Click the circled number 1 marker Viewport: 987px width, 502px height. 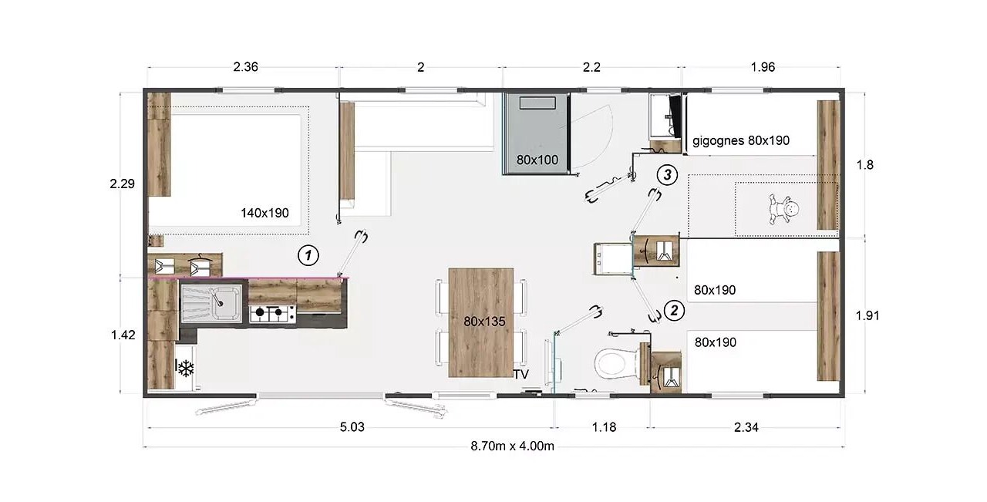click(x=308, y=255)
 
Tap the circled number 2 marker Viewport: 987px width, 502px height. click(x=674, y=311)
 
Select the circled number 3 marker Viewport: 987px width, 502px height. click(x=667, y=175)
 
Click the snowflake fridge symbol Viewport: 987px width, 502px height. click(x=185, y=368)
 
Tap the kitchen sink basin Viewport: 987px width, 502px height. click(x=227, y=303)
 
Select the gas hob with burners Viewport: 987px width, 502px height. click(x=272, y=313)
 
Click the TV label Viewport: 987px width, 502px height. click(x=520, y=375)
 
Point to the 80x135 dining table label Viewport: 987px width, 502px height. click(x=484, y=322)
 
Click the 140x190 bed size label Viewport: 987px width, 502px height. click(x=264, y=214)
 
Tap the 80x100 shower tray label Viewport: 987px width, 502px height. click(x=537, y=160)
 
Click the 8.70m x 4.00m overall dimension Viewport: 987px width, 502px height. click(x=512, y=446)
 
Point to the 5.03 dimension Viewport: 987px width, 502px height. click(x=352, y=427)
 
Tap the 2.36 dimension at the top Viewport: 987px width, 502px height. click(x=245, y=67)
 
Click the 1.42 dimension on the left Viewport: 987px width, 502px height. click(x=123, y=335)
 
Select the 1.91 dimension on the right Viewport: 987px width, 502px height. click(x=867, y=315)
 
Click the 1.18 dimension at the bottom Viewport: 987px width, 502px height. click(x=604, y=427)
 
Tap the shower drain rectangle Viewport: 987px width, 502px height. click(x=537, y=103)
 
